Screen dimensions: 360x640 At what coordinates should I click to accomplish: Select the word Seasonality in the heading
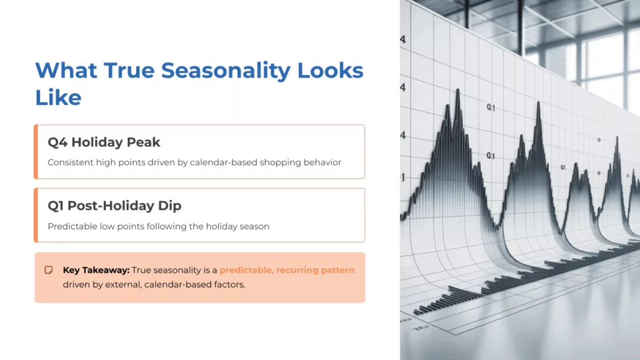click(x=226, y=70)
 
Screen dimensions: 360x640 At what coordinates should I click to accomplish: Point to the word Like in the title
click(x=57, y=97)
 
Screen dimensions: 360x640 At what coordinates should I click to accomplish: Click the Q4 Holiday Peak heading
click(x=95, y=142)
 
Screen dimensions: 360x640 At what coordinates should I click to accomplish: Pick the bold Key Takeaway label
click(x=96, y=271)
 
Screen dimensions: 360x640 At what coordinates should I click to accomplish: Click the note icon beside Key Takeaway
click(x=48, y=270)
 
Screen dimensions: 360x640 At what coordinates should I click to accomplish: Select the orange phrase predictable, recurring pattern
click(x=287, y=271)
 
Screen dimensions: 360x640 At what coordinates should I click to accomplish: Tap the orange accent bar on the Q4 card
click(x=36, y=152)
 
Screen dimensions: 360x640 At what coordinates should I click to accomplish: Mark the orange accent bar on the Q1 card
click(x=36, y=215)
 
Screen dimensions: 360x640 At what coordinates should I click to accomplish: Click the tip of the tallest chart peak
click(x=457, y=90)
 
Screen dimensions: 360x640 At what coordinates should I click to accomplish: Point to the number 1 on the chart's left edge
click(x=403, y=177)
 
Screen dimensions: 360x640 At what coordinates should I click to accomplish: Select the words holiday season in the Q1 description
click(x=241, y=226)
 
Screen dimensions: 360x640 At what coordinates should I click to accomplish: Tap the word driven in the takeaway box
click(x=76, y=284)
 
